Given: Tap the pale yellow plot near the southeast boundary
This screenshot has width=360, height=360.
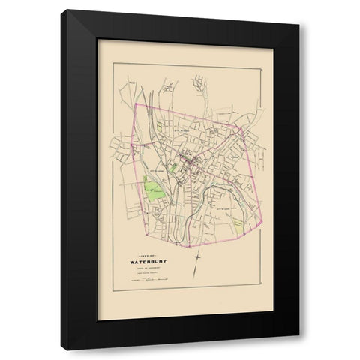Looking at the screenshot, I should [x=238, y=223].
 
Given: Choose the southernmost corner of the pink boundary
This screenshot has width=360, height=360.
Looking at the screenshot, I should [x=187, y=246].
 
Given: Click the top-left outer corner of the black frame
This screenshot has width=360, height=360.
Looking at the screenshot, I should [x=62, y=10].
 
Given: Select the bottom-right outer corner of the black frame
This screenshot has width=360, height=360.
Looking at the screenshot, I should [x=298, y=336].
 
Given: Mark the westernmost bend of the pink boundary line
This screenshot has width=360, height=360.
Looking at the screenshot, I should [x=130, y=140].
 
